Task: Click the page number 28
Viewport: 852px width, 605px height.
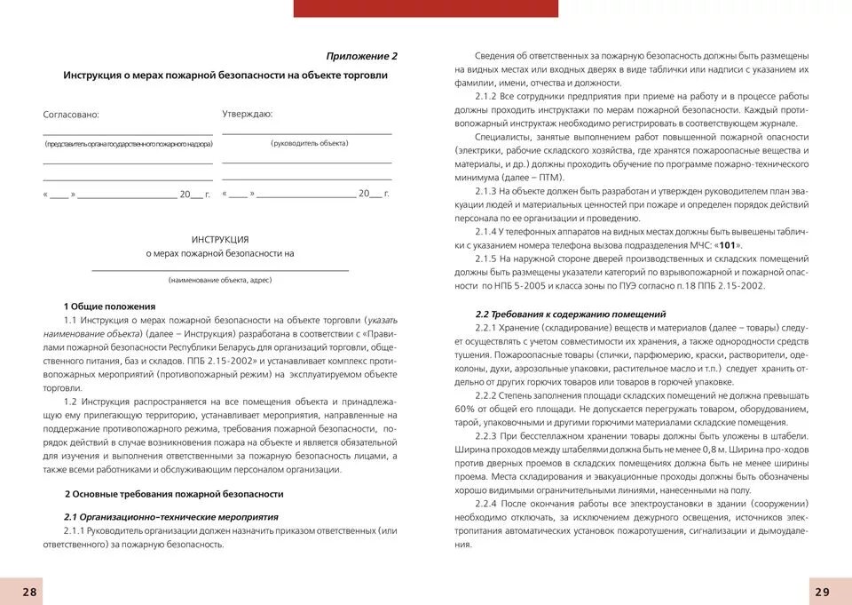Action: tap(29, 592)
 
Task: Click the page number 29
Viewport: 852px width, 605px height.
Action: tap(822, 592)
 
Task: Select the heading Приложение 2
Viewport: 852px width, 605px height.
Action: tap(361, 56)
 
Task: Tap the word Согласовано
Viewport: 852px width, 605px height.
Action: tap(71, 115)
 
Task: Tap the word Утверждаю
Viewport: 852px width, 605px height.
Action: tap(247, 114)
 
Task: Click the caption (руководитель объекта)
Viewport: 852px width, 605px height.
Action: tap(310, 143)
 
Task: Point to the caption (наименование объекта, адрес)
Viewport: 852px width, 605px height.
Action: tap(220, 280)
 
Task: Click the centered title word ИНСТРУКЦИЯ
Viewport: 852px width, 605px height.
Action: tap(220, 239)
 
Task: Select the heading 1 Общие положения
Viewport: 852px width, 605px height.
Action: tap(109, 306)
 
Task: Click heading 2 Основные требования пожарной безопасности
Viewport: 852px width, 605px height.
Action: tap(174, 494)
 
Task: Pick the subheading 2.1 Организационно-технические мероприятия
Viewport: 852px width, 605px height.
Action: tap(171, 516)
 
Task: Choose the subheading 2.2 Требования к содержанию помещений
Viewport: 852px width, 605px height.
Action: tap(571, 314)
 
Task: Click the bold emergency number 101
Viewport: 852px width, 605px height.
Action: tap(727, 245)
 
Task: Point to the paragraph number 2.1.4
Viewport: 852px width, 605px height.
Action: tap(489, 232)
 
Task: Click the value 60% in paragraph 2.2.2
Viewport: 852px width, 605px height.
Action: tap(465, 410)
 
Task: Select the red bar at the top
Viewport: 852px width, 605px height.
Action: tap(425, 8)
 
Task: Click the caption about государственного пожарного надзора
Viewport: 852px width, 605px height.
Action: tap(128, 143)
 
